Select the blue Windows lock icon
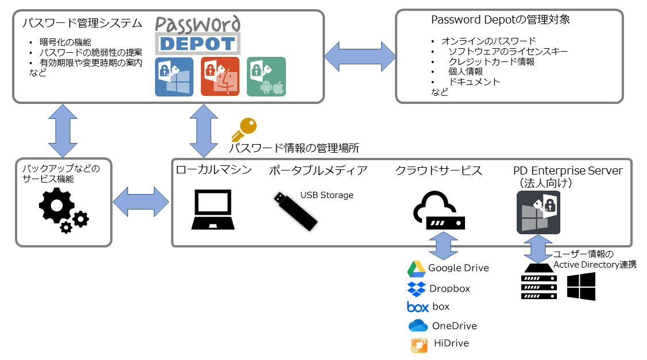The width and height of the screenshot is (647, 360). [175, 76]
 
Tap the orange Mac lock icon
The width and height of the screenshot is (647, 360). [220, 76]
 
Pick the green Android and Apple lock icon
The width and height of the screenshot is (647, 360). [266, 76]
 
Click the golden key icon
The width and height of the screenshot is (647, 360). [244, 129]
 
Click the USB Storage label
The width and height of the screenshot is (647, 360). [327, 195]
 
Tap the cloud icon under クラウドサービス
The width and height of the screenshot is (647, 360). [438, 210]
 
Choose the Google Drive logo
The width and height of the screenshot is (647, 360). [416, 269]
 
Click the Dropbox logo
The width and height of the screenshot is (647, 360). [416, 288]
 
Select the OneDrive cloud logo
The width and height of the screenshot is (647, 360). [419, 326]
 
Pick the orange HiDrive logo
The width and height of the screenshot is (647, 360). [419, 344]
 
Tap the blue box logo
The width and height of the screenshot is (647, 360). [418, 307]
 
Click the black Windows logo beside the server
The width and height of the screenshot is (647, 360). [581, 286]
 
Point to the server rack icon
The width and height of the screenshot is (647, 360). [538, 282]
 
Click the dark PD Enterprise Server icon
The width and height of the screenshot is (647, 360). [538, 213]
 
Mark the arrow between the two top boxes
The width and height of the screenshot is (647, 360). [360, 56]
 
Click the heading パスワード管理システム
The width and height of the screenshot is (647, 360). [82, 24]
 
